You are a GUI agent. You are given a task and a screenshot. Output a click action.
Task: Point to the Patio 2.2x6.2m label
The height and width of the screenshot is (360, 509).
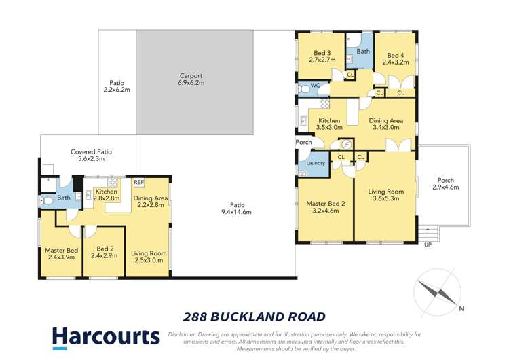click(116, 86)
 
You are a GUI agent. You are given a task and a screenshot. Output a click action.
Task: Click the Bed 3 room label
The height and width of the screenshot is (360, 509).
click(322, 56)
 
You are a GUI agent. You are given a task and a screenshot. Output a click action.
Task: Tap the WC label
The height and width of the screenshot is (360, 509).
click(315, 86)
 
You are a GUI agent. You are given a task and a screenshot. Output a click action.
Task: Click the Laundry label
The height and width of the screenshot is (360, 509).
click(316, 163)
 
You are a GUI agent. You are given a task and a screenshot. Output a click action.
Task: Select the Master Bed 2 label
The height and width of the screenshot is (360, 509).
click(322, 206)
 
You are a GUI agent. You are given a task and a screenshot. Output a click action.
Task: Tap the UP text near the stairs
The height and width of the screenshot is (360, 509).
click(427, 245)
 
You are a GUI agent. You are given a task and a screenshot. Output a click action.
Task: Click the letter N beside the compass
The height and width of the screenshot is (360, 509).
click(461, 308)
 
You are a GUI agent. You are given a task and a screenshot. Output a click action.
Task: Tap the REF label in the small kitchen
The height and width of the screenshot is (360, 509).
click(138, 182)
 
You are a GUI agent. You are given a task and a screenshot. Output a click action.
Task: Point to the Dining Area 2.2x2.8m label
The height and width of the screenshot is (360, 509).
click(151, 202)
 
